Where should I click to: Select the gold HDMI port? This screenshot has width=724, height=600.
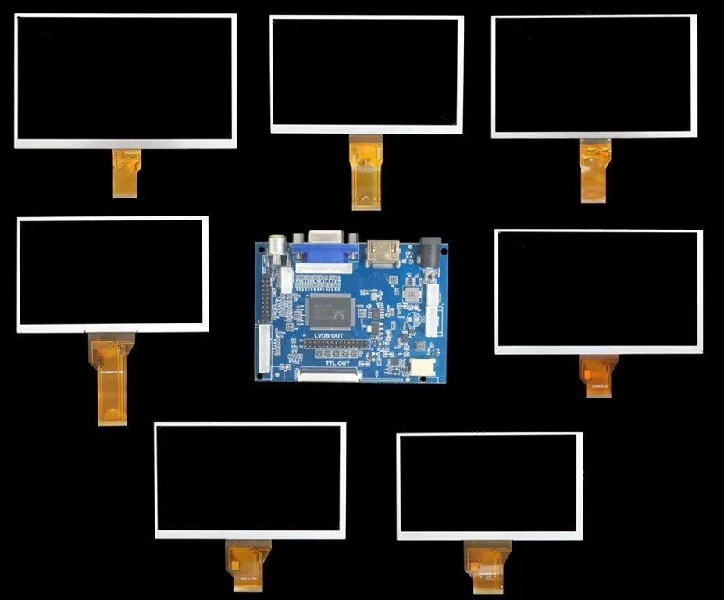[x=383, y=252]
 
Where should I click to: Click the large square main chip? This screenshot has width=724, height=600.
[x=331, y=310]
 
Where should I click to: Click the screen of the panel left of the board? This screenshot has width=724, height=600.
[x=112, y=273]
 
